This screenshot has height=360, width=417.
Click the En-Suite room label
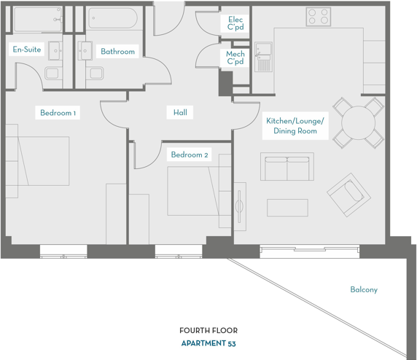point(26,50)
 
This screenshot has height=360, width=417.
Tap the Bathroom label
point(117,51)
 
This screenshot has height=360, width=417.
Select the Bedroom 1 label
point(58,113)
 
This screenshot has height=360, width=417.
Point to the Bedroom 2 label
point(190,154)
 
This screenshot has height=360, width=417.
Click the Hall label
point(180,112)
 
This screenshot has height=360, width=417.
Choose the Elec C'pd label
point(235,23)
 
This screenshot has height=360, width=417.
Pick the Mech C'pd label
point(235,58)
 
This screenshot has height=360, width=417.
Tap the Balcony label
point(364,289)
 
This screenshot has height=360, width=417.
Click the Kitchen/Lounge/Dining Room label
point(295,126)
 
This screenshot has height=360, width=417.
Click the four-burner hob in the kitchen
point(319,17)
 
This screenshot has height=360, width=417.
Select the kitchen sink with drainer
point(263,57)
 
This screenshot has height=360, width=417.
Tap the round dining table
point(358,122)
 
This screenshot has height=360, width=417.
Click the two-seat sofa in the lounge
point(287,166)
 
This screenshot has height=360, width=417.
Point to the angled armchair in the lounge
point(348,195)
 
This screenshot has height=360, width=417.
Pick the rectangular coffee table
point(287,208)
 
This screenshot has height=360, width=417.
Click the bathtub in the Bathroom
point(113,18)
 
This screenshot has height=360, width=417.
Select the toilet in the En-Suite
point(53,73)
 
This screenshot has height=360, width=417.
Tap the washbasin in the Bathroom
point(85,50)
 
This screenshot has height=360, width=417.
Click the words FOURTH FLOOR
point(208,331)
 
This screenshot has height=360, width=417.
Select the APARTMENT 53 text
point(208,343)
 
